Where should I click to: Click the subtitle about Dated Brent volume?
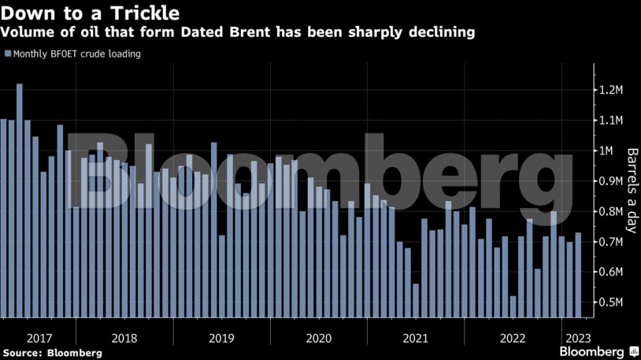click(238, 32)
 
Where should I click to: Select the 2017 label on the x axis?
click(39, 338)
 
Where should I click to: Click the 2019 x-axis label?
click(222, 338)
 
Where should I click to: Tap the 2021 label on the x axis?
click(415, 338)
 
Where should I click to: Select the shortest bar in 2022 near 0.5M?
click(513, 307)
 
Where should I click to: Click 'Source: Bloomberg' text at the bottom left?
click(52, 353)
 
